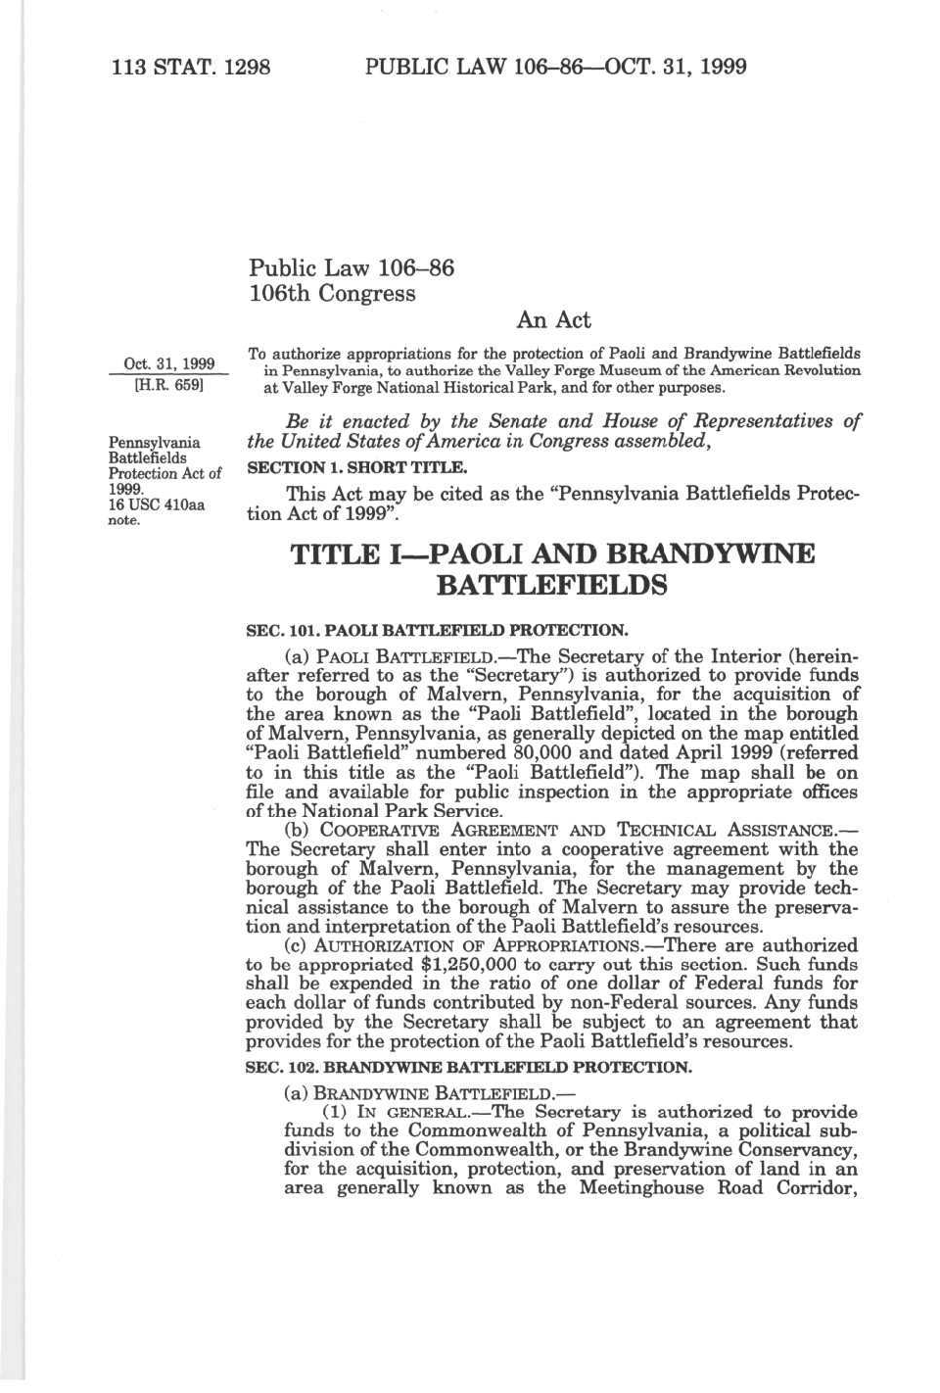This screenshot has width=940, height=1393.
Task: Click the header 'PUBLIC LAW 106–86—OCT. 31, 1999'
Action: click(555, 67)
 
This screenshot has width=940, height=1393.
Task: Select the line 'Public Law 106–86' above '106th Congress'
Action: click(352, 268)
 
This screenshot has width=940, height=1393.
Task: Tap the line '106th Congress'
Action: click(332, 294)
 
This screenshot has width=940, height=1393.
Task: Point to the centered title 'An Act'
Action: click(553, 320)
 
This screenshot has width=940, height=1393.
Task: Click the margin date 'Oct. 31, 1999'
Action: click(168, 364)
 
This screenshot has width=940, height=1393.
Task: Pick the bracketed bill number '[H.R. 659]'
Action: click(167, 386)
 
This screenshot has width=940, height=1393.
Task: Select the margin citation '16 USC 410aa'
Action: click(157, 504)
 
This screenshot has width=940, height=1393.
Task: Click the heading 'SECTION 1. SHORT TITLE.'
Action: click(356, 468)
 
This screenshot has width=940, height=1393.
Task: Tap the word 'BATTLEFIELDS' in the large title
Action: click(551, 586)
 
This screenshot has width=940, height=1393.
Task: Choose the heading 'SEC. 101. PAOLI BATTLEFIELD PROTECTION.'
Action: click(436, 630)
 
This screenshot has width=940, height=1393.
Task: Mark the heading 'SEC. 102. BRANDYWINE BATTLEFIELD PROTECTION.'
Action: click(468, 1068)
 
